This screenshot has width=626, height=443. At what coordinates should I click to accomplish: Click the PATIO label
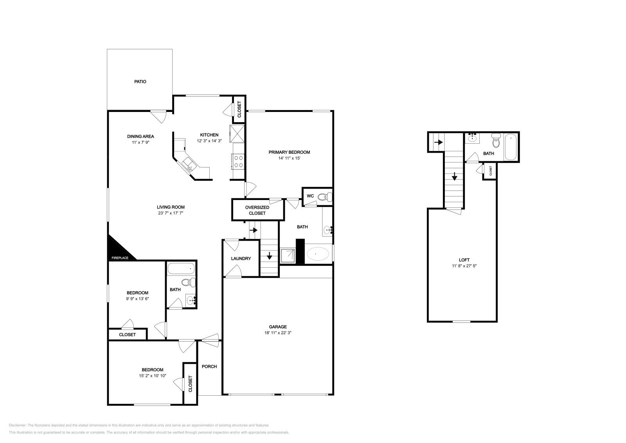click(140, 82)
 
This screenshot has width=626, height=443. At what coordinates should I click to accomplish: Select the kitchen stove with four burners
click(238, 162)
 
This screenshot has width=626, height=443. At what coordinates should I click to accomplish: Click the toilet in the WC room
click(324, 197)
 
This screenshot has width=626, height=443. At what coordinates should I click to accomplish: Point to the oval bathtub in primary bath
click(318, 254)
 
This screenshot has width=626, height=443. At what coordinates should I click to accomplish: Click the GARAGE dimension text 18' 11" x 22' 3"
click(278, 333)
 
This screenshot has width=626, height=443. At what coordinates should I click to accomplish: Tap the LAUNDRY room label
click(241, 259)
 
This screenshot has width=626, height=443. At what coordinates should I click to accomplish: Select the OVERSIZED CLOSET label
click(257, 210)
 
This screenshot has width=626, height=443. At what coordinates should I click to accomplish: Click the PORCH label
click(209, 367)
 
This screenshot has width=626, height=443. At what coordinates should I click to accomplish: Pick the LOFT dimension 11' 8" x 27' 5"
click(464, 266)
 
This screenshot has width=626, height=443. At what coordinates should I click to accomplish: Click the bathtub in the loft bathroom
click(511, 147)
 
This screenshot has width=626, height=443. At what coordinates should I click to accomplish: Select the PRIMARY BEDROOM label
click(289, 152)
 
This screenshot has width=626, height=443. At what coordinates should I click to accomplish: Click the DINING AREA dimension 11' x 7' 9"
click(140, 142)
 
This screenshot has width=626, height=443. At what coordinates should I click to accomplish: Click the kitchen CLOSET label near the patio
click(239, 109)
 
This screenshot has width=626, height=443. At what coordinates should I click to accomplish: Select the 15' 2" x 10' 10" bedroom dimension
click(152, 376)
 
